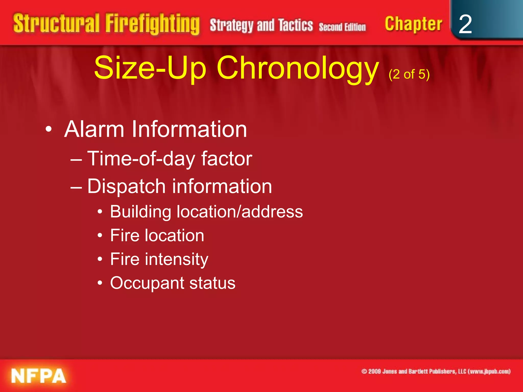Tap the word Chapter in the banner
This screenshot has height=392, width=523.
click(x=413, y=24)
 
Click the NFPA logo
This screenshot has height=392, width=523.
click(x=39, y=376)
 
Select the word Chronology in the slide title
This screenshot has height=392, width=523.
click(x=298, y=68)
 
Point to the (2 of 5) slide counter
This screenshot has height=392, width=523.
click(x=409, y=74)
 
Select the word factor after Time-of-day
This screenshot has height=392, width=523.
click(x=227, y=158)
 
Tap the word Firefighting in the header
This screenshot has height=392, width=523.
click(x=152, y=24)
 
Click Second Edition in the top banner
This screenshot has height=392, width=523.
click(x=342, y=27)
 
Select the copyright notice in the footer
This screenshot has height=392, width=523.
click(x=436, y=371)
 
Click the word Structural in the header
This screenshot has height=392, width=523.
click(x=56, y=23)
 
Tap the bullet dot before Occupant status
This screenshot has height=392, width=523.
click(x=100, y=283)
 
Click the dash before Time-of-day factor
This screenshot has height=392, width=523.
click(x=76, y=160)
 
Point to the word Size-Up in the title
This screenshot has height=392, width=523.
click(x=150, y=68)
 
